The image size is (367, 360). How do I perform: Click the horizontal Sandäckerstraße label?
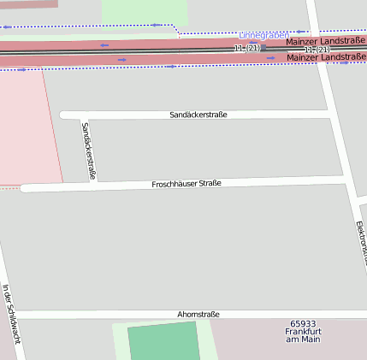click(198, 115)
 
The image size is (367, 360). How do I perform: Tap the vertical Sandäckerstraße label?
click(88, 150)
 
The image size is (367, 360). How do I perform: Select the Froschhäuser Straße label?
click(186, 184)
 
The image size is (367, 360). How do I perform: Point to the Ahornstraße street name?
click(198, 315)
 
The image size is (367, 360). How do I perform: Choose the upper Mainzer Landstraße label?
click(325, 42)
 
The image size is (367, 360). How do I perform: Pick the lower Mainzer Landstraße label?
click(325, 57)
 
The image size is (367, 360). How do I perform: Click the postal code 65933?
click(303, 323)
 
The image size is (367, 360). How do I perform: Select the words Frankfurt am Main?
click(303, 336)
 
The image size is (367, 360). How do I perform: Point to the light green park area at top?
click(145, 11)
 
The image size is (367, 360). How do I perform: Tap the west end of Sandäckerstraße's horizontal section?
click(63, 115)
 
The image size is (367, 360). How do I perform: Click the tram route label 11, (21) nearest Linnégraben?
click(246, 49)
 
